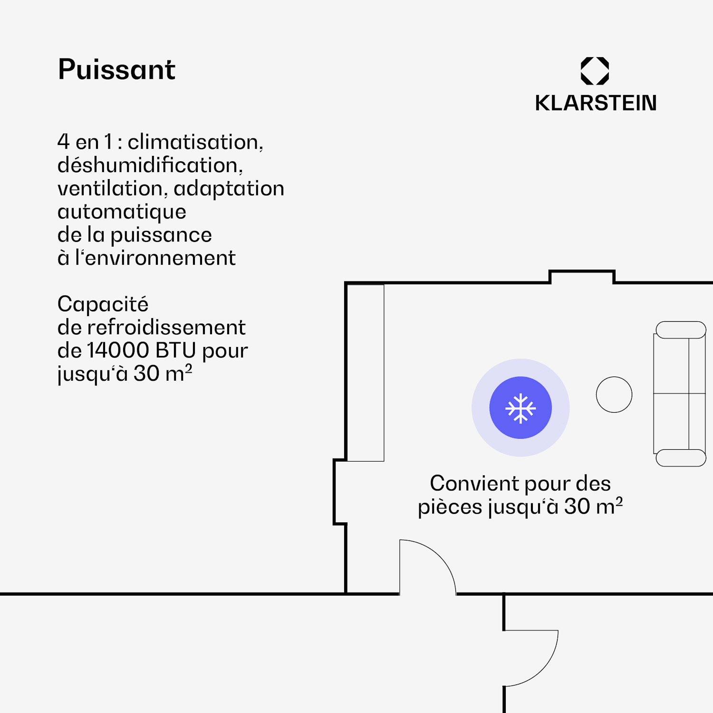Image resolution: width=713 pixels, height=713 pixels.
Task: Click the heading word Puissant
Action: point(116,70)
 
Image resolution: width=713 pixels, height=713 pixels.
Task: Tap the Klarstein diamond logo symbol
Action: point(595,71)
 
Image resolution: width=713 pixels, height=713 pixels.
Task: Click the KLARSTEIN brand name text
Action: point(596,103)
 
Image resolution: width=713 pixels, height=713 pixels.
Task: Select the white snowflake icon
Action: point(520,408)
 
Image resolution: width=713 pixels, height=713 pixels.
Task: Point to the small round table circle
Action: point(614,395)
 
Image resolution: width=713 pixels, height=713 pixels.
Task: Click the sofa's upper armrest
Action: point(681,330)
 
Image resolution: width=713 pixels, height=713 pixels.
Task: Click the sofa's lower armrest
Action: point(681,458)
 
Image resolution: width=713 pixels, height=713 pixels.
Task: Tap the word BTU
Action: point(175,351)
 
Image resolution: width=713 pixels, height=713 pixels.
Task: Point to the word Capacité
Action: point(103,304)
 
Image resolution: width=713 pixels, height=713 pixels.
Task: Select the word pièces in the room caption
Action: point(450,507)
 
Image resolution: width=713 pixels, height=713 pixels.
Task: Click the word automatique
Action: point(122,212)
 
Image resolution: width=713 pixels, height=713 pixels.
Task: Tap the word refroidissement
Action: point(166,328)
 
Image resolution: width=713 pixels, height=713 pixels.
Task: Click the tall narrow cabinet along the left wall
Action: point(365,373)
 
